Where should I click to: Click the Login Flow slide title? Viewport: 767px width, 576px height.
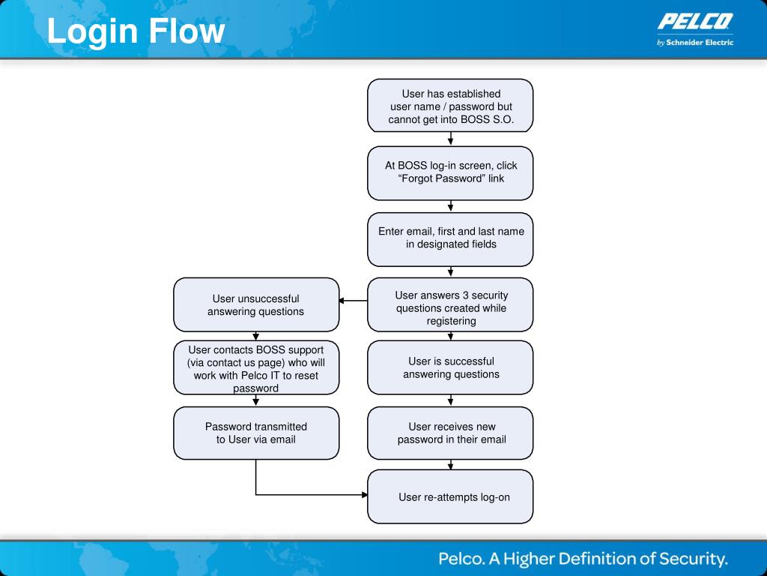click(136, 31)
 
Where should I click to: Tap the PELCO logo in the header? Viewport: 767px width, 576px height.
click(695, 22)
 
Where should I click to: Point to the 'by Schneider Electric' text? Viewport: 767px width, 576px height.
click(695, 43)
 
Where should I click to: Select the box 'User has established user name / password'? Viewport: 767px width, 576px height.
click(450, 106)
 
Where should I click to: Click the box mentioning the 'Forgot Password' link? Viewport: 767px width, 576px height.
click(450, 173)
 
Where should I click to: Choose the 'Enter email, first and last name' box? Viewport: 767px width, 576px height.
click(450, 239)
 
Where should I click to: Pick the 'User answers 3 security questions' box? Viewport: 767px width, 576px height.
click(450, 304)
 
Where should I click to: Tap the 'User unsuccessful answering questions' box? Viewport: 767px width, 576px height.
click(256, 304)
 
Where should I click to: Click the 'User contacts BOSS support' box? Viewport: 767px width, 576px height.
click(256, 367)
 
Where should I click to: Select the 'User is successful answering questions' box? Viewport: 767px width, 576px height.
click(450, 367)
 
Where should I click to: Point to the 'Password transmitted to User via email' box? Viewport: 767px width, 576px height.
click(256, 433)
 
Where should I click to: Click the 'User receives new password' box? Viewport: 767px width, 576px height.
click(450, 433)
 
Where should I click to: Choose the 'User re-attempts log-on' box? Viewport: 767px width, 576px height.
click(450, 496)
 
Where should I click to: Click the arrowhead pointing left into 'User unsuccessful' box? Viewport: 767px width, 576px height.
click(342, 301)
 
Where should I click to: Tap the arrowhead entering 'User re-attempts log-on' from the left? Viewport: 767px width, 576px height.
click(365, 495)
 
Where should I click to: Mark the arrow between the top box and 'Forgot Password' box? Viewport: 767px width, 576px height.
click(450, 139)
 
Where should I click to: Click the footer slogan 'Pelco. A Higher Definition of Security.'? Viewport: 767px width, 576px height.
click(583, 559)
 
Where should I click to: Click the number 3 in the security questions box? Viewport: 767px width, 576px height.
click(465, 295)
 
